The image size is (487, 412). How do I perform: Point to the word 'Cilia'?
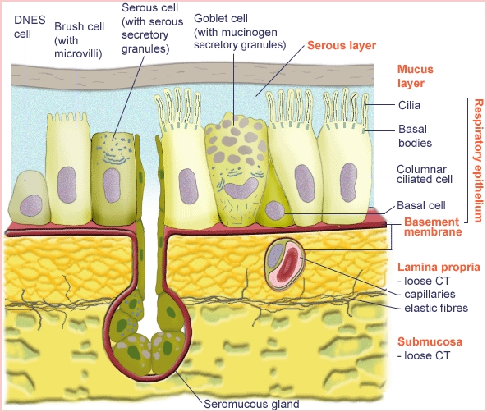click(x=411, y=105)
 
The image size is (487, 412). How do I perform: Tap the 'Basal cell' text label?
click(x=420, y=205)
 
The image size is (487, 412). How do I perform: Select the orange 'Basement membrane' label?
click(x=430, y=227)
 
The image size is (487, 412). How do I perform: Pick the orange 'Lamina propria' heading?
click(x=437, y=267)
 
